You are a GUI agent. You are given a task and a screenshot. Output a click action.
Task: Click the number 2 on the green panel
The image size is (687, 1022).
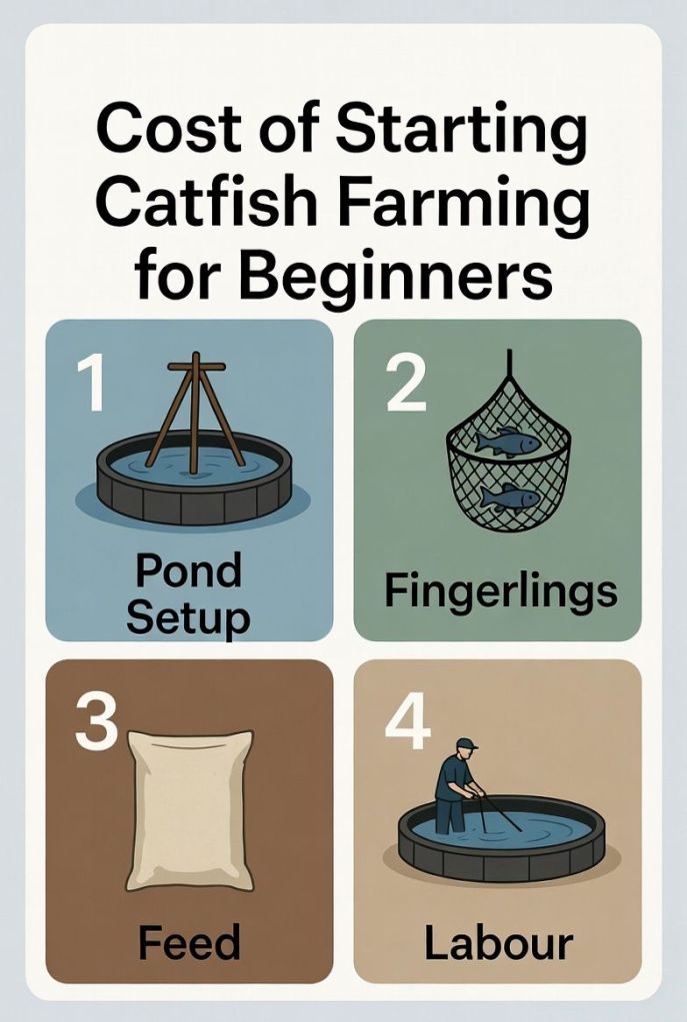[405, 385]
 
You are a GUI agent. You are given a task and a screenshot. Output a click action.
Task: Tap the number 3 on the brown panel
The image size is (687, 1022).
[97, 724]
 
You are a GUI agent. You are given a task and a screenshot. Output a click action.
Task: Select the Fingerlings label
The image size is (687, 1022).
[499, 591]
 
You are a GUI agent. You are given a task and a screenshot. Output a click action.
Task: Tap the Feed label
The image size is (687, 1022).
[189, 942]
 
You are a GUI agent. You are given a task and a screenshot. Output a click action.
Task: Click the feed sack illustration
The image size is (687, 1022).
[190, 809]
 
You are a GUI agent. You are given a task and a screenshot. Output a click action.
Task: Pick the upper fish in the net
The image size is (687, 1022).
[507, 442]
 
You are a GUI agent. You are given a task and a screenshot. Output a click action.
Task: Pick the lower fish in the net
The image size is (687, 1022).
[509, 496]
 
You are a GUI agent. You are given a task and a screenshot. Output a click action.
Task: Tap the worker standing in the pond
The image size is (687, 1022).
[457, 784]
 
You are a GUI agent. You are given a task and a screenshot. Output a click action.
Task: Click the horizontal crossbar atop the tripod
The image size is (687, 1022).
[196, 367]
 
